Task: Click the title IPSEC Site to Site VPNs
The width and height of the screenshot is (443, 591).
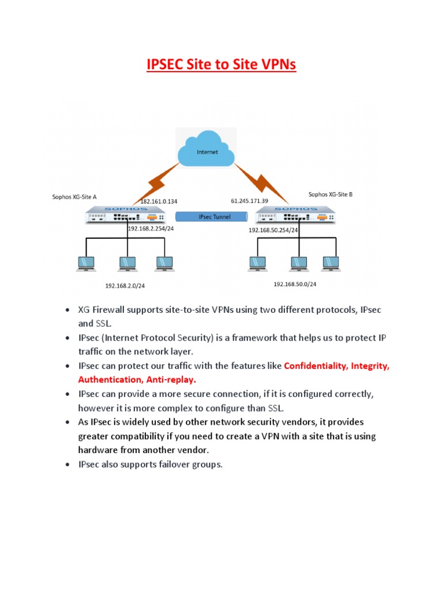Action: point(221,64)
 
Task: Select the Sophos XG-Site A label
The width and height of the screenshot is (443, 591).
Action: point(74,197)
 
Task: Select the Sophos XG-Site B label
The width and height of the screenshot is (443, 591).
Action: point(330,195)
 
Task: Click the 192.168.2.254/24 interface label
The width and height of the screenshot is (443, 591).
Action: point(151,229)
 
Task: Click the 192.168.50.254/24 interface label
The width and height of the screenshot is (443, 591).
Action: point(273,230)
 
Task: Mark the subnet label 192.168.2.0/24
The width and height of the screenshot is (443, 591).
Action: point(129,285)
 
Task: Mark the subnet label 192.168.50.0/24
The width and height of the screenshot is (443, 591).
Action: point(295,284)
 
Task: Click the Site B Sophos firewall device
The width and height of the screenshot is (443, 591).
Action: point(295,216)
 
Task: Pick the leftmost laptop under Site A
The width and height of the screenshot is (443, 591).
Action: point(87,263)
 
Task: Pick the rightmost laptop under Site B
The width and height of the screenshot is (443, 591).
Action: point(330,263)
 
